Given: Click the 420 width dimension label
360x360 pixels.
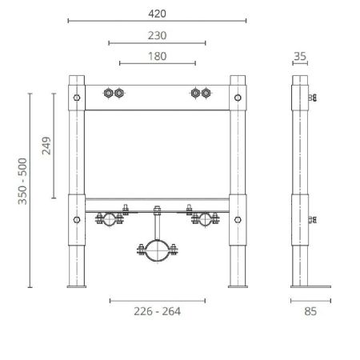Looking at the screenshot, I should pyautogui.click(x=158, y=12).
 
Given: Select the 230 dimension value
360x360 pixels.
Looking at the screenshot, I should pyautogui.click(x=158, y=34).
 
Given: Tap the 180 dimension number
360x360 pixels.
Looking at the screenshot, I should pyautogui.click(x=158, y=55).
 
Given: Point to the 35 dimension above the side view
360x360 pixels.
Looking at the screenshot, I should pyautogui.click(x=301, y=55).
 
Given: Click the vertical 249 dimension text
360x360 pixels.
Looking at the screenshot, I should pyautogui.click(x=46, y=146).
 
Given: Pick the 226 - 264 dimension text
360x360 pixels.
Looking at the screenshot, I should pyautogui.click(x=157, y=310).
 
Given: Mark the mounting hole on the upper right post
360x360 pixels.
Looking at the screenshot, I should pyautogui.click(x=238, y=98).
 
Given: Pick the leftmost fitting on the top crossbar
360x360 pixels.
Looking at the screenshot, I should pyautogui.click(x=109, y=94).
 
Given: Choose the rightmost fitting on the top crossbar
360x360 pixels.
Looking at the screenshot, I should pyautogui.click(x=206, y=94).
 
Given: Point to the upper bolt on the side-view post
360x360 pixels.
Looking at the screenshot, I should pyautogui.click(x=313, y=98).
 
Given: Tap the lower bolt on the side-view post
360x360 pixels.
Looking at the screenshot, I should pyautogui.click(x=313, y=218).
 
